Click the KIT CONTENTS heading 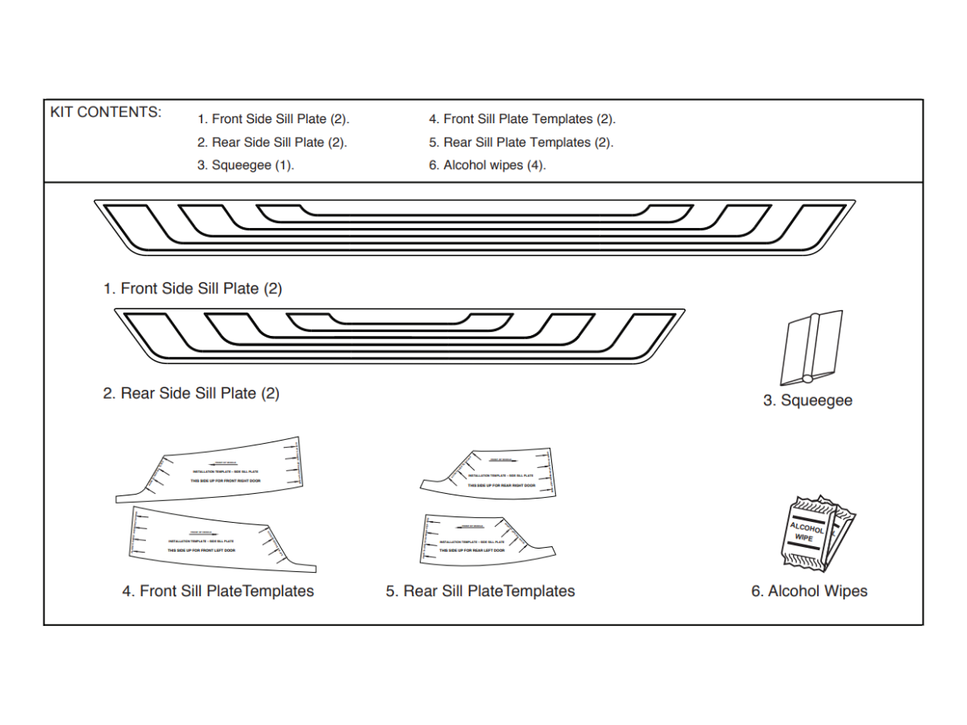click(106, 112)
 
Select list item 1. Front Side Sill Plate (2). click(273, 119)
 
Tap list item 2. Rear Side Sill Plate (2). click(272, 143)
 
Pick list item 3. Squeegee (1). click(246, 166)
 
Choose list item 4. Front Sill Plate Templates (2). click(522, 119)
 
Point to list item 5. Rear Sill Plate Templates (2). click(521, 143)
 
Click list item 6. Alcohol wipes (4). click(488, 166)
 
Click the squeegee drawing click(811, 349)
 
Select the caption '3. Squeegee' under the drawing click(807, 400)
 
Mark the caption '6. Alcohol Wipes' click(809, 591)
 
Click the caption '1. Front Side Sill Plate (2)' click(193, 288)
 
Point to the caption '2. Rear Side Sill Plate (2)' click(191, 394)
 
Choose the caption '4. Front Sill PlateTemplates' click(218, 591)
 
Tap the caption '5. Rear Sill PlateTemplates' click(480, 591)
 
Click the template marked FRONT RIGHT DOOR click(226, 471)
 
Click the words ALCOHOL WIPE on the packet click(807, 532)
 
